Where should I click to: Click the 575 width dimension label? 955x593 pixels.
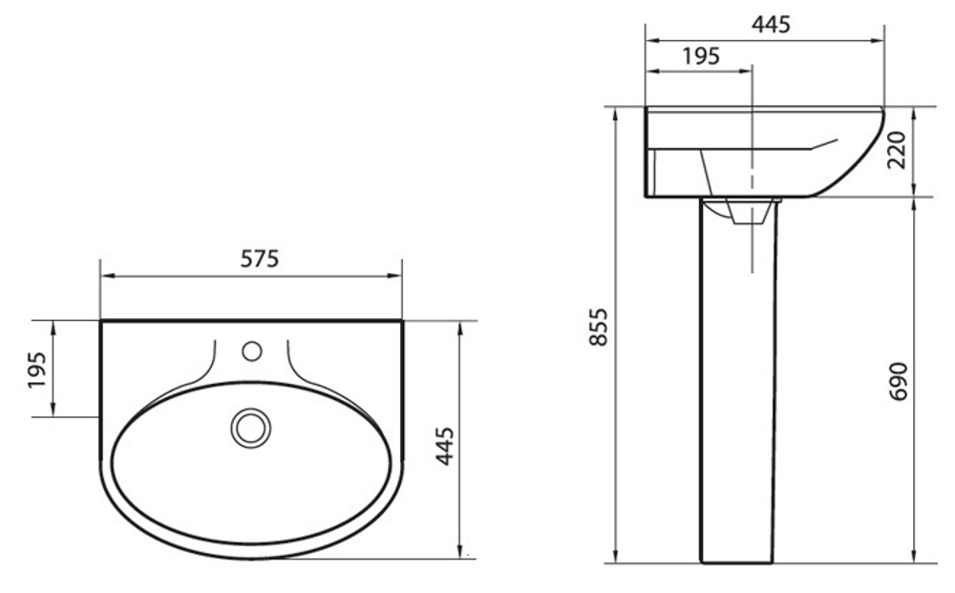(260, 260)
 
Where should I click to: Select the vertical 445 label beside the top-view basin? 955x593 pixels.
(445, 446)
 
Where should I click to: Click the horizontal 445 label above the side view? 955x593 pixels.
(771, 25)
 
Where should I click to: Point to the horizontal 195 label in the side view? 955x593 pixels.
(701, 56)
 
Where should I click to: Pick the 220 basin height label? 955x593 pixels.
(897, 150)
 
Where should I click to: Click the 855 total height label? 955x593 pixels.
(599, 327)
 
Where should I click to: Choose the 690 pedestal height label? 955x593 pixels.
(899, 381)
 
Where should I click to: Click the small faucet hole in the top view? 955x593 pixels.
(251, 351)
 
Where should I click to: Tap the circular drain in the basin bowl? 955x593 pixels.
(251, 428)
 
